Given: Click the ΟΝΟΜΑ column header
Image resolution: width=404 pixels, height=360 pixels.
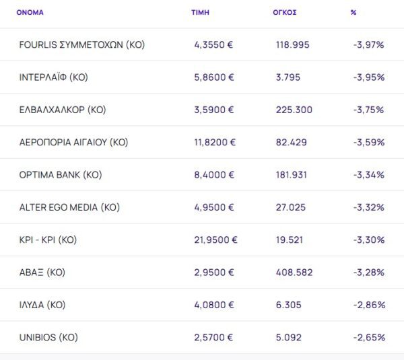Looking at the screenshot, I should point(30,12).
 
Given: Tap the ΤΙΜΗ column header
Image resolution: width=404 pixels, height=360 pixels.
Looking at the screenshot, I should point(200,12).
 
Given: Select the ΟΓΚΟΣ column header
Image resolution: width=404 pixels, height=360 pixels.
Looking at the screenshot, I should point(286,12).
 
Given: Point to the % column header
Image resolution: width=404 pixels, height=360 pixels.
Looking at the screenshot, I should point(353,12).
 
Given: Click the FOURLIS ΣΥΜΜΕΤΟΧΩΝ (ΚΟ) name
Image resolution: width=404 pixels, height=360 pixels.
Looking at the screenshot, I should point(82,45).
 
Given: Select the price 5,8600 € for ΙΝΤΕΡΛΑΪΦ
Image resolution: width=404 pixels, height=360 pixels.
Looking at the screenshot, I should point(213,77).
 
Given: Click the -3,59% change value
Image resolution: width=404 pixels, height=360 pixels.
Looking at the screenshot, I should point(368,142).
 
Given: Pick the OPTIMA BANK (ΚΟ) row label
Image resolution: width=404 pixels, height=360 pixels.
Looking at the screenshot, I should point(61,175).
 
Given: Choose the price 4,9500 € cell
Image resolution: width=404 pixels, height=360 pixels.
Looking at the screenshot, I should point(213,207).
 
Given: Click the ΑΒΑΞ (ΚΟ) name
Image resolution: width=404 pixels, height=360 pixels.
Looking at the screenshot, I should point(42,273).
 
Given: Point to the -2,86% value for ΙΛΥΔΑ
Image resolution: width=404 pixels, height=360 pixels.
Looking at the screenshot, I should point(368,305).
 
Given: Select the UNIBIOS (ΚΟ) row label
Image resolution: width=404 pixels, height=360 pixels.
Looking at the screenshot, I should point(48,337).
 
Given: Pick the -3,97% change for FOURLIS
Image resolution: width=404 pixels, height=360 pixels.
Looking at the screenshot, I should point(368,45).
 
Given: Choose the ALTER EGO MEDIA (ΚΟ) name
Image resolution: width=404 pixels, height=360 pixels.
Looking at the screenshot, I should point(69,207).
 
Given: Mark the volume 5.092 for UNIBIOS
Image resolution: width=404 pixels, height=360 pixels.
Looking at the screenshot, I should point(289,337).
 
